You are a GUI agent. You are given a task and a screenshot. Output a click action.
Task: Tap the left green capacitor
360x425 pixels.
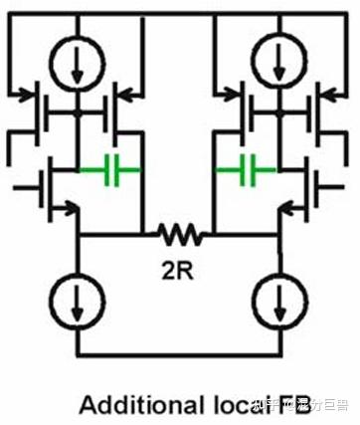pyautogui.click(x=119, y=171)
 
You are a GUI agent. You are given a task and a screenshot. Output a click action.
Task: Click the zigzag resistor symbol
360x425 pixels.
pyautogui.click(x=179, y=235)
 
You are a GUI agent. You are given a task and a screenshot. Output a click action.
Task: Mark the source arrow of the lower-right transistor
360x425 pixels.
pyautogui.click(x=287, y=208)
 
